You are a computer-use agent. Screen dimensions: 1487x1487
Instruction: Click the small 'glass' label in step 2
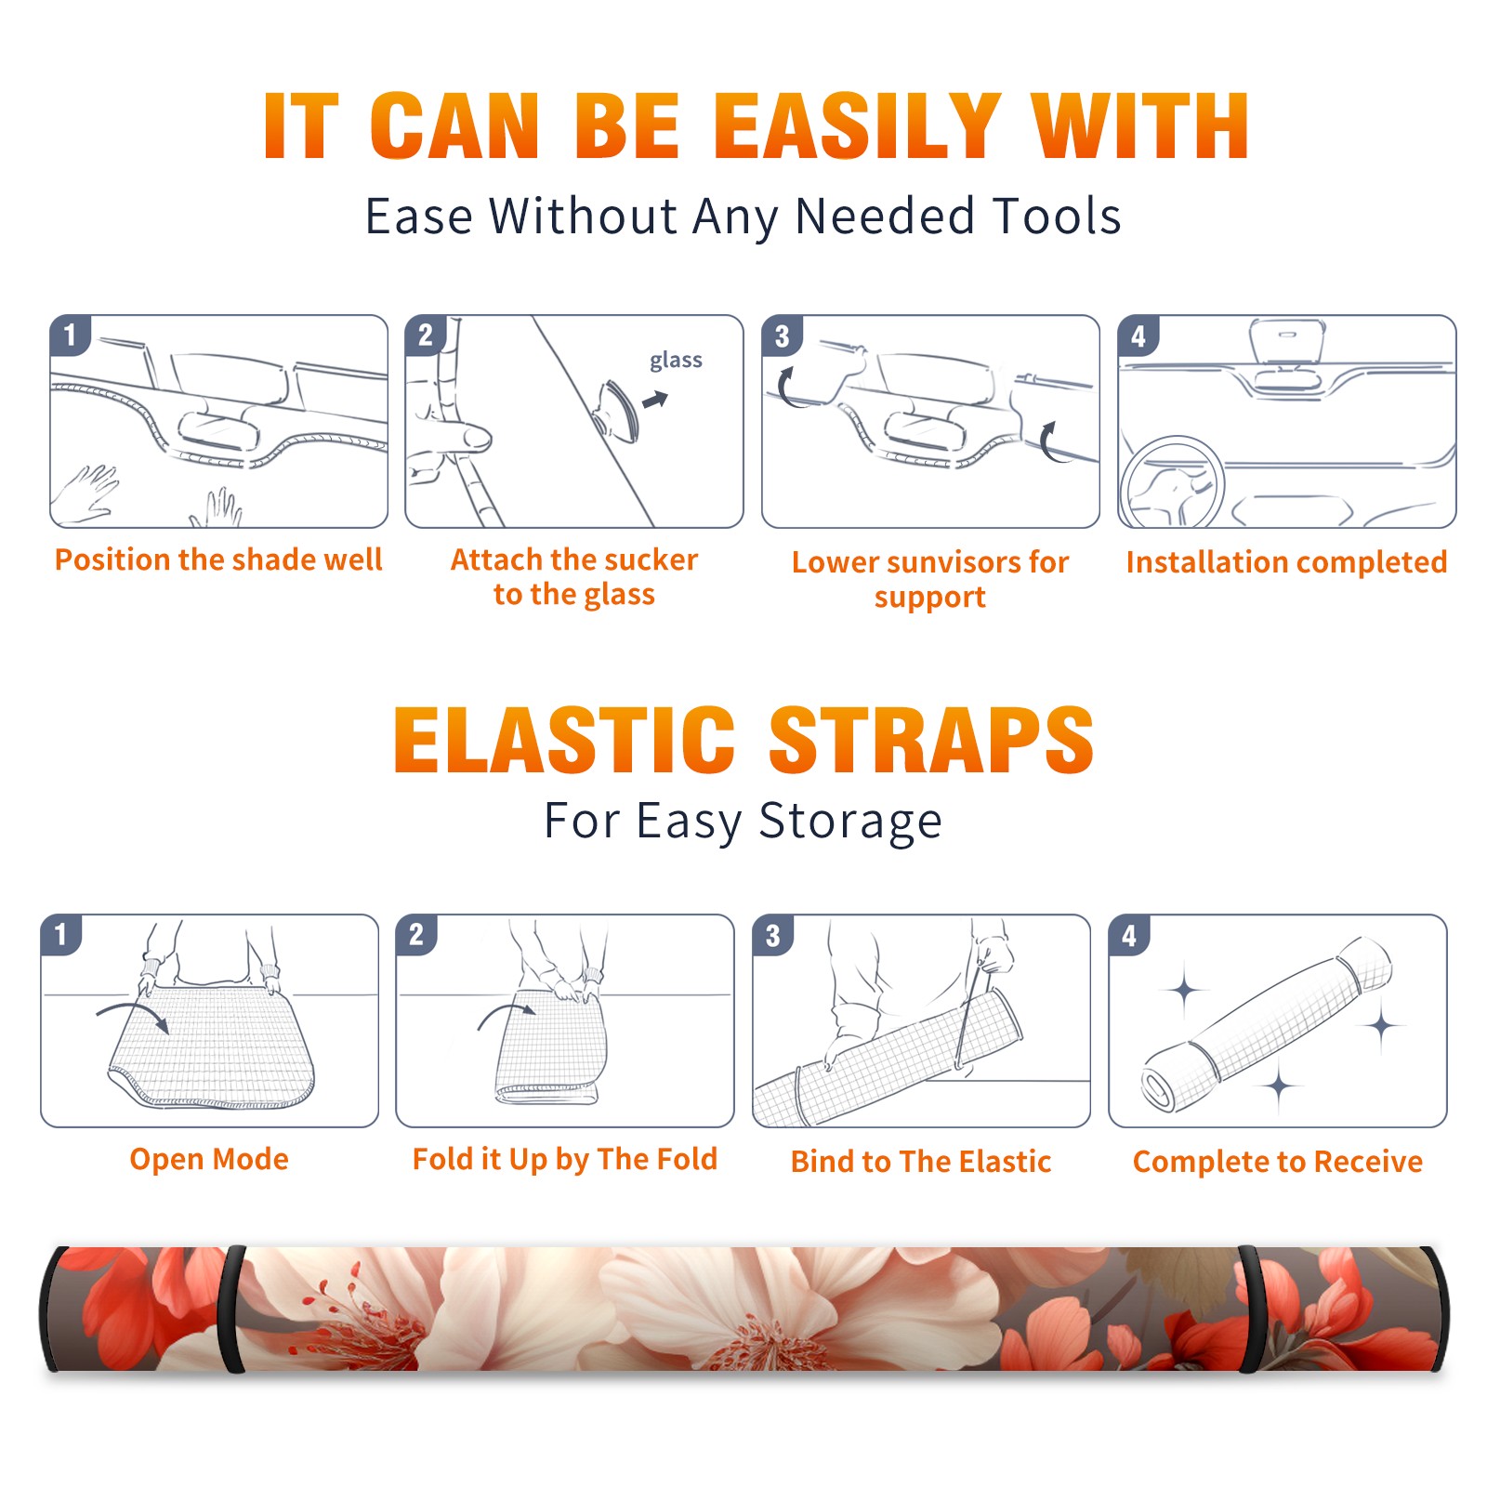676,361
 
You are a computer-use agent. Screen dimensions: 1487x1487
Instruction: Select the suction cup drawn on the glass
619,410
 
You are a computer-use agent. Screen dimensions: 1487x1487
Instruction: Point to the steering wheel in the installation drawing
1173,481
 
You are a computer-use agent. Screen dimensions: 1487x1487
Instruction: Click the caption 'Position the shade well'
218,559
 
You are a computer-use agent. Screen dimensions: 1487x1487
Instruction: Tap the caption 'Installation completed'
1286,562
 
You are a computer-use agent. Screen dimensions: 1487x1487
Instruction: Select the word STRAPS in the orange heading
931,740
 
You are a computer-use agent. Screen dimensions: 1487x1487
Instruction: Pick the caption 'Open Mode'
209,1159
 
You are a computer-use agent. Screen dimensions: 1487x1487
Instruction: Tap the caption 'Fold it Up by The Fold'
565,1160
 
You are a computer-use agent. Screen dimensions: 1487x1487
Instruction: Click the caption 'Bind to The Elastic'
921,1162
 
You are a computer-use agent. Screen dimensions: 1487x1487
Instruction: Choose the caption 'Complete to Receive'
1278,1162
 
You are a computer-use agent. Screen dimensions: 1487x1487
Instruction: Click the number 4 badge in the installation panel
1138,336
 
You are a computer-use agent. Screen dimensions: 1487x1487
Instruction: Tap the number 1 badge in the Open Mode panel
61,934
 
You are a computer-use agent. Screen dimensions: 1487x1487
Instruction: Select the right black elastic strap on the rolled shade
1251,1309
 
